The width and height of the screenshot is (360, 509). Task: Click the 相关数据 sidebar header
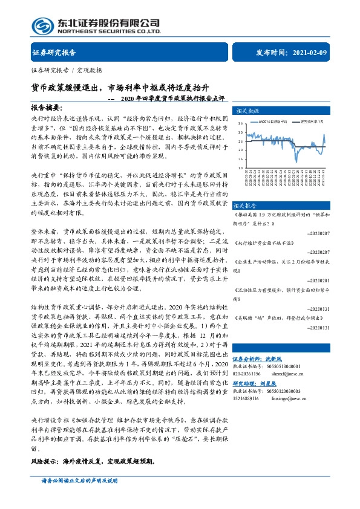[x=245, y=111]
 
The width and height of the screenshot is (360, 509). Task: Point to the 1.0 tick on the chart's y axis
[x=240, y=167]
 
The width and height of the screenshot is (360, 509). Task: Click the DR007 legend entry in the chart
[x=269, y=121]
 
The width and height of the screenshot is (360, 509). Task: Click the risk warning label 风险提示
[x=44, y=460]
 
